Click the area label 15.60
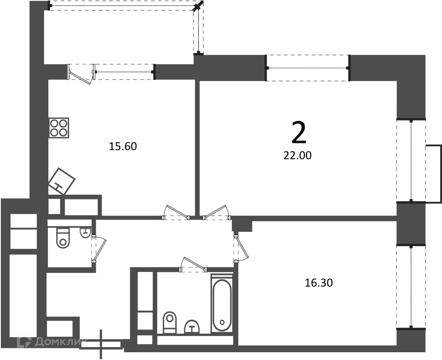(123, 147)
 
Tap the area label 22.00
(297, 155)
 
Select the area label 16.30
(319, 283)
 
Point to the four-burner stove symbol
(59, 128)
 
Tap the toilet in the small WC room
(63, 238)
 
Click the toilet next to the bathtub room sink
(170, 322)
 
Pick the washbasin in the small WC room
(85, 232)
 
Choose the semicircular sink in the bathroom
(192, 327)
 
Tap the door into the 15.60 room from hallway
(176, 212)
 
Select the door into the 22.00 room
(217, 212)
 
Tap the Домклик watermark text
(52, 342)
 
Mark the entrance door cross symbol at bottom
(101, 344)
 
